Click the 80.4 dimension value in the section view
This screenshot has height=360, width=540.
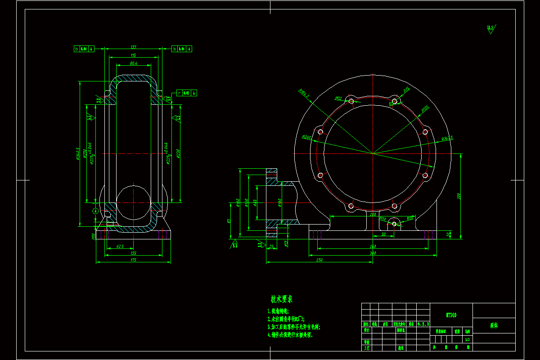133,63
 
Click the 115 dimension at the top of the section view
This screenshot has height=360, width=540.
133,55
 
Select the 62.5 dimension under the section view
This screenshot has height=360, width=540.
120,246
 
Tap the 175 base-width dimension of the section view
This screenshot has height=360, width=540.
133,260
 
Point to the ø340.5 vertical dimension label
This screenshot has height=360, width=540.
78,153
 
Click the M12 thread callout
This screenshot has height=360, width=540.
339,98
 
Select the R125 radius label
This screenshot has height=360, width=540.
425,108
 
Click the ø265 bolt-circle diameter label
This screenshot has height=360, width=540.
307,137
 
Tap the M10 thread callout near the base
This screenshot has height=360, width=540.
383,219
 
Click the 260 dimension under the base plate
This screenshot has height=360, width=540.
373,246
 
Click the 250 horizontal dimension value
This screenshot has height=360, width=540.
319,260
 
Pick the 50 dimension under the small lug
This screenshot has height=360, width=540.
383,234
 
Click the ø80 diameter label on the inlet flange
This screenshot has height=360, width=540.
255,202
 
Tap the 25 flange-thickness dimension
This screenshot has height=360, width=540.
271,246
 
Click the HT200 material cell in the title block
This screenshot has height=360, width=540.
451,315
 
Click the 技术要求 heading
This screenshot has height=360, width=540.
282,299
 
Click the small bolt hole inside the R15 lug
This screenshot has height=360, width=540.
394,224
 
